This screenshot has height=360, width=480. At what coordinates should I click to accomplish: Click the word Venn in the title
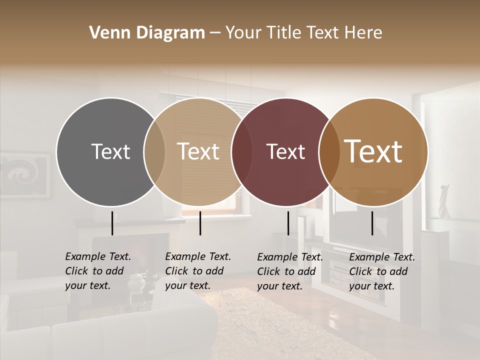point(106,33)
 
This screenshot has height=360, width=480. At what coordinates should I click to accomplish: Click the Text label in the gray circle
point(110,151)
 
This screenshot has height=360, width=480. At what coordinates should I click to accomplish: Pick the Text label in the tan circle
point(198,151)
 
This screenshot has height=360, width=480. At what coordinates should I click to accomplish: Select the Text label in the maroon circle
point(286,151)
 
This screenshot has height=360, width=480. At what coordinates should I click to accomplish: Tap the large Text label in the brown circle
point(373,151)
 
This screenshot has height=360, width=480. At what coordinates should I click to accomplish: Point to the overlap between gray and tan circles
point(154,152)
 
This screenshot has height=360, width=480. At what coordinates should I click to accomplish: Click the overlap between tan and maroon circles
point(242,152)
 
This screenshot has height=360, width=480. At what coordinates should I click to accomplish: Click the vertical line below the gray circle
point(112,223)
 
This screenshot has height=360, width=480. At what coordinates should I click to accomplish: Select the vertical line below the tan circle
point(200,223)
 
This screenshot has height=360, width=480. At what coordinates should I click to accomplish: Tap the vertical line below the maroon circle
point(288,223)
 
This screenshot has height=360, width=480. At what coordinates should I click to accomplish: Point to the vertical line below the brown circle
point(372,223)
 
